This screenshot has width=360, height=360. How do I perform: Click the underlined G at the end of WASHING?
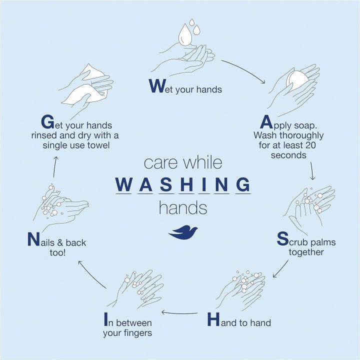(242, 184)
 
